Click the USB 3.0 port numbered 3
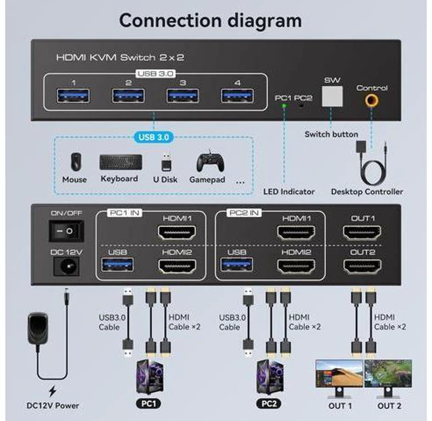pos(183,96)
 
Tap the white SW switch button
pos(332,96)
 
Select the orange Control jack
pos(372,100)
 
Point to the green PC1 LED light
pos(284,105)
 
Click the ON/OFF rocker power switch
pos(66,231)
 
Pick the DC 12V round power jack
pos(66,266)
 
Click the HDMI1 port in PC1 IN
pos(177,232)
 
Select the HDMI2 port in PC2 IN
pos(296,266)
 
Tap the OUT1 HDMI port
pos(362,232)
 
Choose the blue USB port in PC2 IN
pos(237,265)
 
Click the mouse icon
pos(76,162)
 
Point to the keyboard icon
pos(121,162)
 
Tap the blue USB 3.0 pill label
pos(154,137)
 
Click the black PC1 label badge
pos(148,404)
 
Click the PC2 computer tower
pos(270,377)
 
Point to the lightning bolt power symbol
pos(53,391)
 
